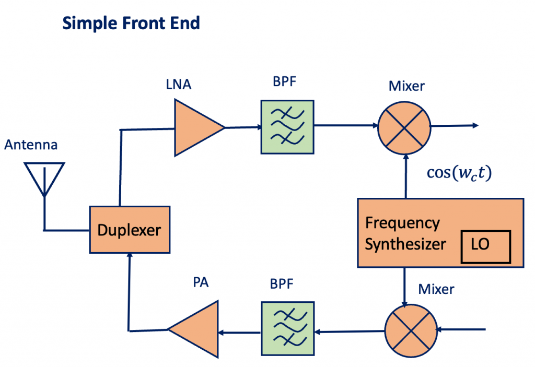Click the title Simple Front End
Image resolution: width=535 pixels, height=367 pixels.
tap(131, 23)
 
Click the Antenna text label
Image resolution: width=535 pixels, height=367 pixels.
tap(31, 145)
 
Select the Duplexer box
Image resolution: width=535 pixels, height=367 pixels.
tap(130, 230)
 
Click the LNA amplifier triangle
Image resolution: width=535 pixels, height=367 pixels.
tap(195, 127)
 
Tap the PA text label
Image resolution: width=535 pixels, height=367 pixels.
tap(201, 283)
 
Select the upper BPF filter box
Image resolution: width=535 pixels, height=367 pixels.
tap(287, 127)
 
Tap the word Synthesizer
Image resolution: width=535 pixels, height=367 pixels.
tap(405, 244)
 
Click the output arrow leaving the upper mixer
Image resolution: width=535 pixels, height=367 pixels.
tap(455, 125)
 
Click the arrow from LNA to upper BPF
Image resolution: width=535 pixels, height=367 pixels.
tap(243, 127)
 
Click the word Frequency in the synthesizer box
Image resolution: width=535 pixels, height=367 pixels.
tap(402, 223)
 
